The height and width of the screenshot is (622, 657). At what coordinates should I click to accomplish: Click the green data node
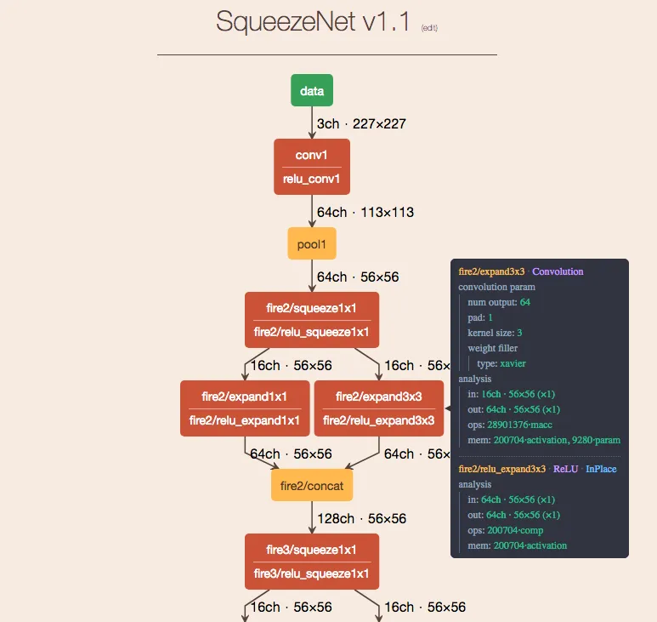tap(312, 90)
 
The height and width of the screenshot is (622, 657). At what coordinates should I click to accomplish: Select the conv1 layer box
tap(312, 167)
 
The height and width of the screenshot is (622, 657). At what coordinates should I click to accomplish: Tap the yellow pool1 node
tap(312, 243)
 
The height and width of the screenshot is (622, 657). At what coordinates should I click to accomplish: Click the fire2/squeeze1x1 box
tap(312, 320)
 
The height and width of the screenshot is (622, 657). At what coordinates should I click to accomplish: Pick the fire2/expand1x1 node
tap(245, 408)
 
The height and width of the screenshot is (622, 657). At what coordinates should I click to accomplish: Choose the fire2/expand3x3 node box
tap(379, 408)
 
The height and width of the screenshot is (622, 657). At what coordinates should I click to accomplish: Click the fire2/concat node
tap(312, 486)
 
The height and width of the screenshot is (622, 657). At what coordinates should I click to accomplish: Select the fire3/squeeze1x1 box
tap(312, 562)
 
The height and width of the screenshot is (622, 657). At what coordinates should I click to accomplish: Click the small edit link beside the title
tap(429, 28)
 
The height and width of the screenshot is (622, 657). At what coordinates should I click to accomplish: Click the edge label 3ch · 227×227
tap(361, 124)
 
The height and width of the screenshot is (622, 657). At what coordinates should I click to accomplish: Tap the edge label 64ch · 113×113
tap(365, 212)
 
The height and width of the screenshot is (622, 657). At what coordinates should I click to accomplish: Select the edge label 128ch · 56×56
tap(361, 518)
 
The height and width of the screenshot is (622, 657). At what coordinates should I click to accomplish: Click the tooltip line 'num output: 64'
tap(499, 302)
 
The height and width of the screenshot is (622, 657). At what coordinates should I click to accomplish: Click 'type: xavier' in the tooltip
tap(507, 363)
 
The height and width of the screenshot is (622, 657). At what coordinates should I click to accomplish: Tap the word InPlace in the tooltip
tap(601, 469)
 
